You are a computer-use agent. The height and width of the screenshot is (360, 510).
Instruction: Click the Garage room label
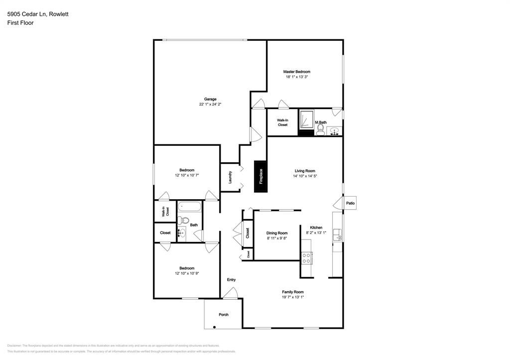click(210, 99)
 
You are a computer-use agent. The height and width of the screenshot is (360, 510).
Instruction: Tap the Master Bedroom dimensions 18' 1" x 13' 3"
click(297, 77)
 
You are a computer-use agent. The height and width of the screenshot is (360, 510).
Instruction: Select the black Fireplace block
click(260, 176)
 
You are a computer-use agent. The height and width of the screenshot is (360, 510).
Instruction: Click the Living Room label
click(304, 171)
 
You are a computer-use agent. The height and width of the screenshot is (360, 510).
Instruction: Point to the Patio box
click(350, 203)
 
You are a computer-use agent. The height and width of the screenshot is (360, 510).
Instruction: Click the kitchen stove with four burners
click(307, 257)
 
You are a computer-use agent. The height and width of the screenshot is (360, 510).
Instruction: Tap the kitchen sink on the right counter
click(338, 234)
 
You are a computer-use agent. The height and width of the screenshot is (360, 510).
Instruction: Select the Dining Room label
click(277, 233)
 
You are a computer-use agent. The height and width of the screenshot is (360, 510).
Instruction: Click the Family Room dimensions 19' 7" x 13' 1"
click(292, 297)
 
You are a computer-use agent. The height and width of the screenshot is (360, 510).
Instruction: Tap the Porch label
click(224, 315)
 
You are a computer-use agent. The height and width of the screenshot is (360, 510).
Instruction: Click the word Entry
click(231, 280)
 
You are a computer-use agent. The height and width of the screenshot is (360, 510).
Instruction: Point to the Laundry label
click(230, 177)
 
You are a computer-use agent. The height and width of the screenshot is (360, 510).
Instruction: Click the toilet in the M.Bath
click(320, 130)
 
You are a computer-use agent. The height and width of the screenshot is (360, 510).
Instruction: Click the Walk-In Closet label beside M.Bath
click(282, 122)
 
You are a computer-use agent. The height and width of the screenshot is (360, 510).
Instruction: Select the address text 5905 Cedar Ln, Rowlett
click(38, 14)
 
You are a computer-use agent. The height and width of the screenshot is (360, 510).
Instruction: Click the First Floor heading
click(20, 23)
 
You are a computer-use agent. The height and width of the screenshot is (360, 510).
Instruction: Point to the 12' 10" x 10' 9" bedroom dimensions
click(187, 273)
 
